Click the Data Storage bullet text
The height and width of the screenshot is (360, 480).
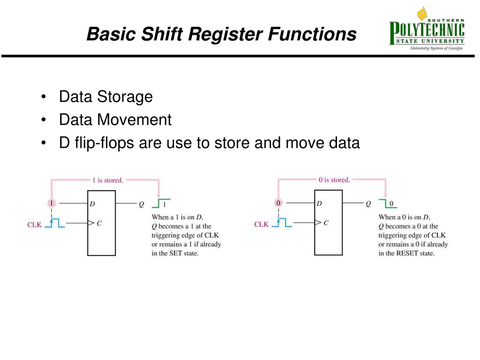click(x=105, y=97)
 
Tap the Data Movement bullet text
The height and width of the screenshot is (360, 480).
click(x=115, y=120)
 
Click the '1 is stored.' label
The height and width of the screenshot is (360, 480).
click(x=107, y=180)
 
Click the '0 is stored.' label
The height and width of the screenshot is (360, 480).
click(x=334, y=180)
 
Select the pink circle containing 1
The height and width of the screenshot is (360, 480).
click(x=52, y=203)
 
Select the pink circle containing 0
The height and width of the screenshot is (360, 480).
click(x=278, y=203)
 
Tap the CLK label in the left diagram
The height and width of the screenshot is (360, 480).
click(x=34, y=225)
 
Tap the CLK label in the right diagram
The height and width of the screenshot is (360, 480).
click(x=261, y=225)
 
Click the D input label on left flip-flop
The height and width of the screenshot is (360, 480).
click(x=92, y=204)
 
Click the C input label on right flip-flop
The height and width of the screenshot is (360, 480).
click(x=326, y=223)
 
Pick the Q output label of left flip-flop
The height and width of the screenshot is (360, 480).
click(x=141, y=204)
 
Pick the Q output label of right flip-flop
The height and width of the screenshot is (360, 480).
click(x=368, y=204)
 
